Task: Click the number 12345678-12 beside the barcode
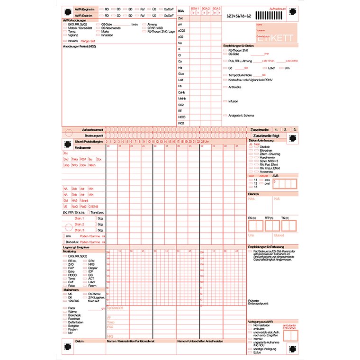point(239,16)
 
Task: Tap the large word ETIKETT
point(281,38)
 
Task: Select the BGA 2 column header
point(205,9)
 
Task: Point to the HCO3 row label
point(181,117)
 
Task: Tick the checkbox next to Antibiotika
point(225,87)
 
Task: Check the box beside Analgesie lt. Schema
point(225,115)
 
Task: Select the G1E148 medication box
point(93,207)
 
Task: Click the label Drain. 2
point(79,224)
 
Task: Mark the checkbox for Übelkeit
point(251,147)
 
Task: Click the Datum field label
point(79,341)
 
